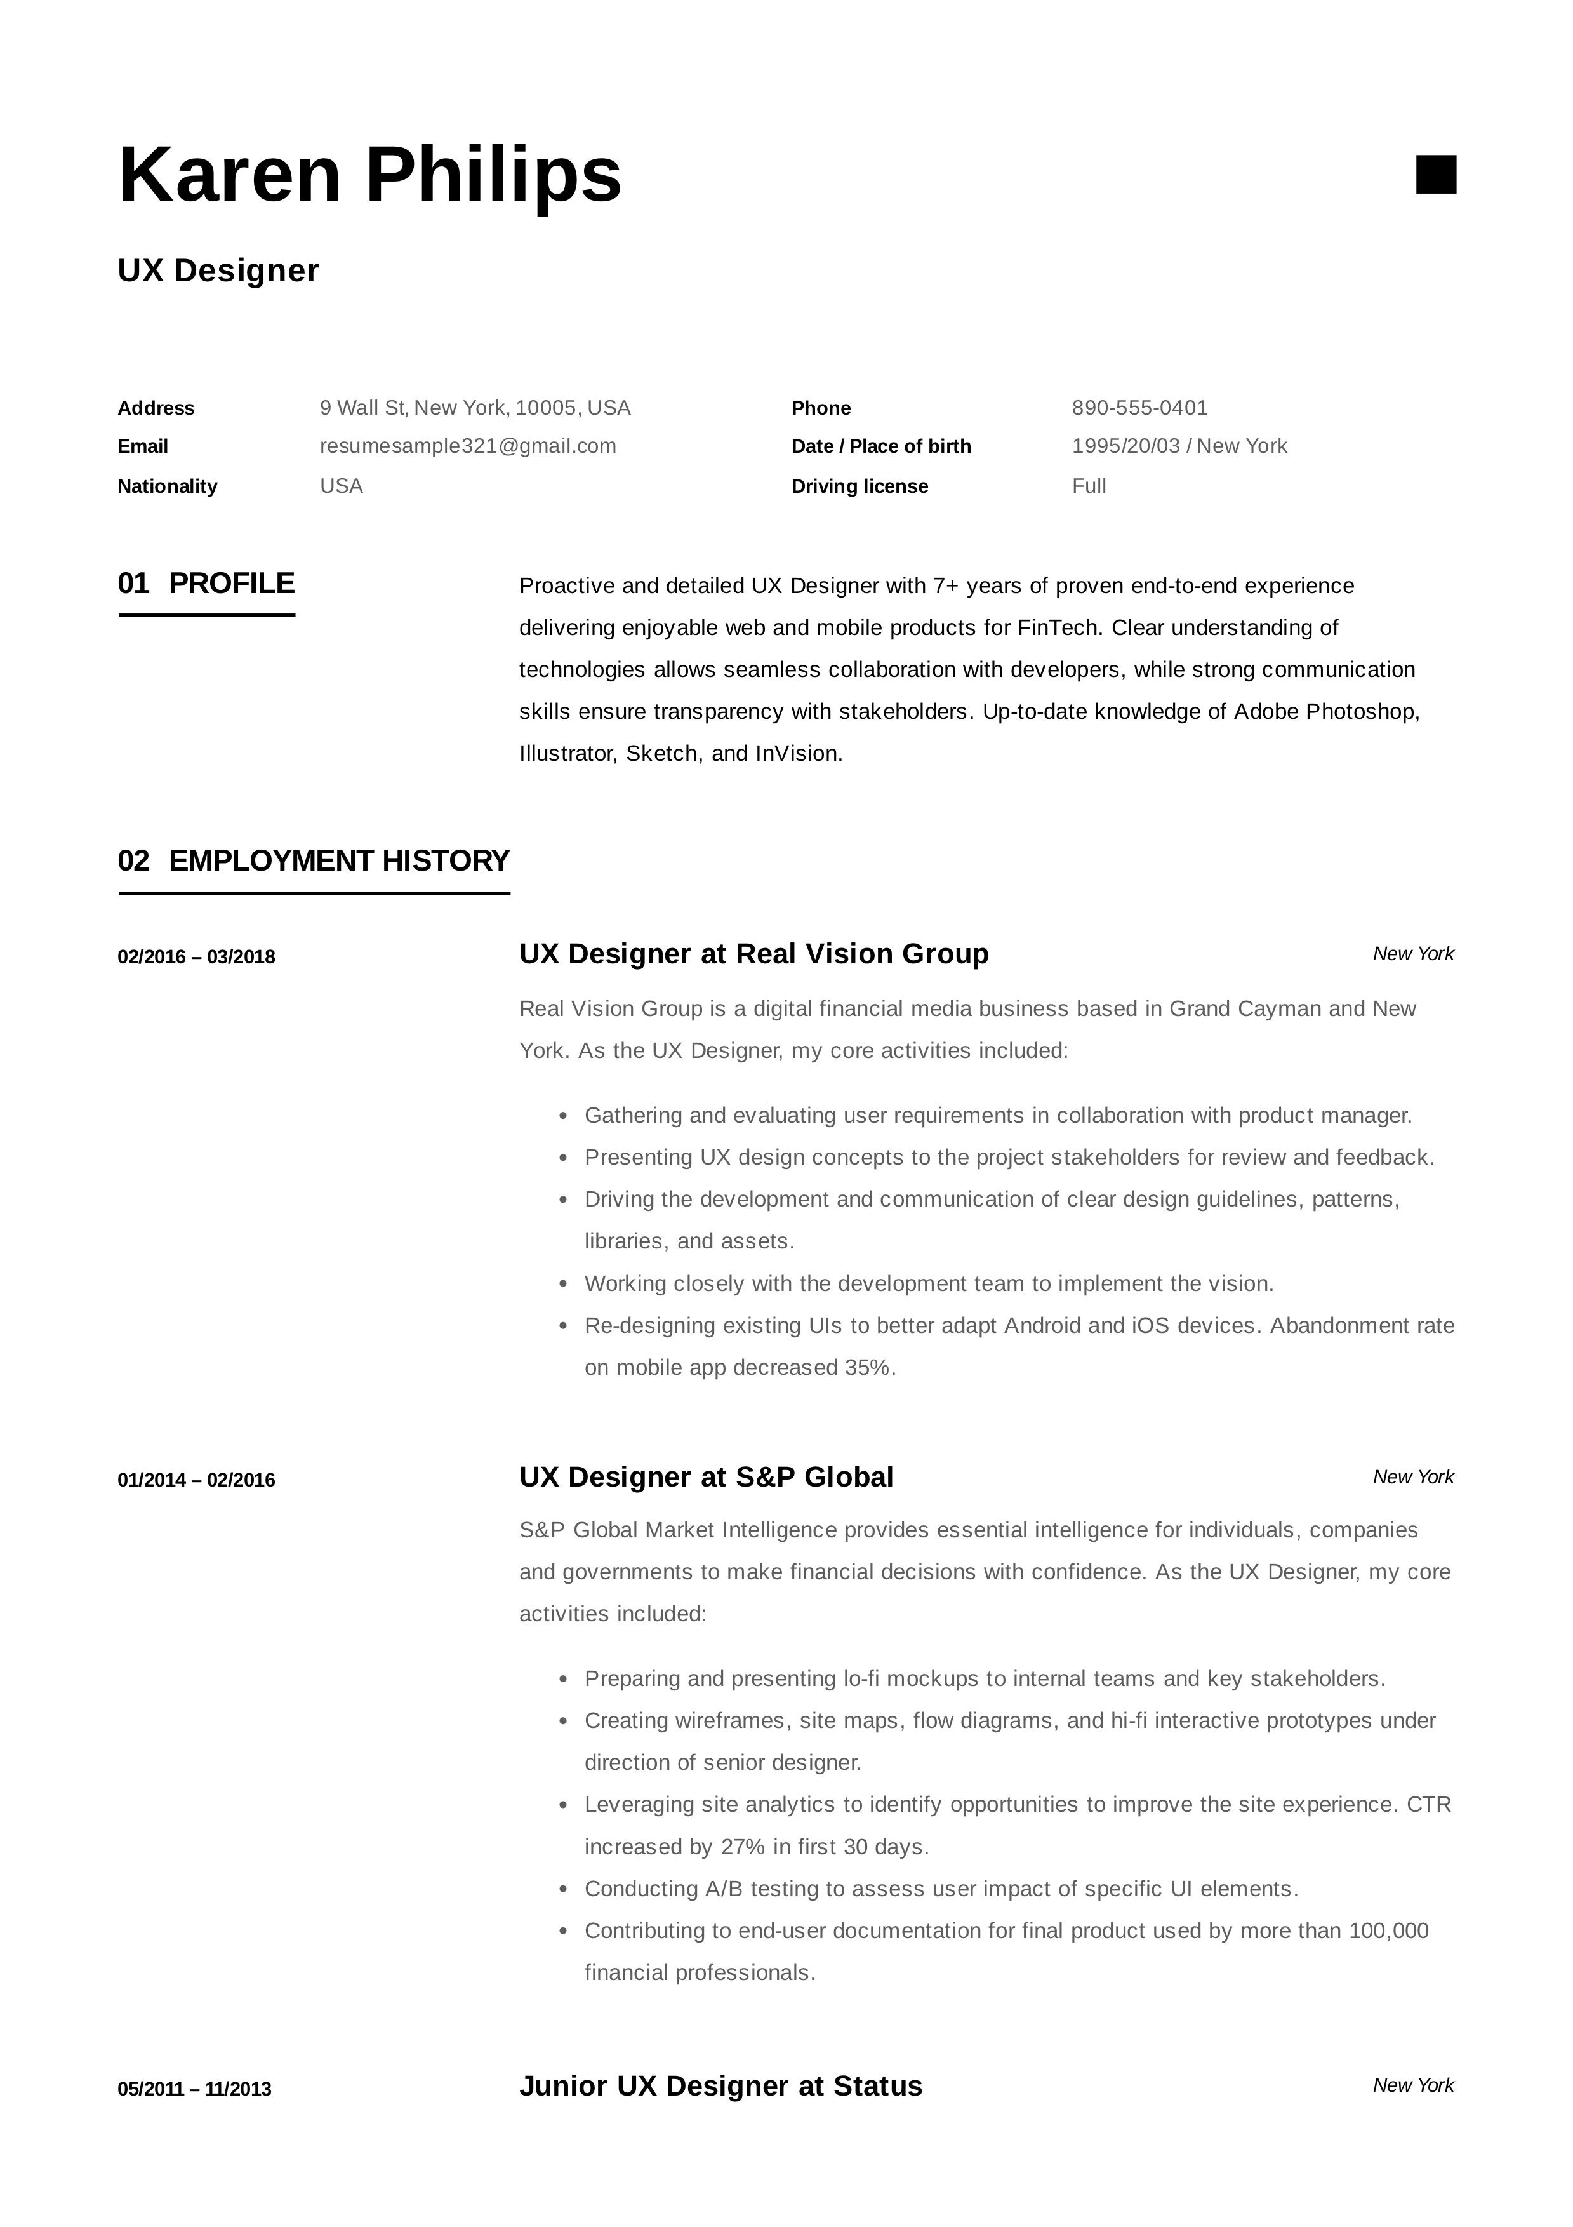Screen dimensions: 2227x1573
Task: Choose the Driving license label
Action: tap(860, 486)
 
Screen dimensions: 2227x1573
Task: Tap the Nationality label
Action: tap(167, 486)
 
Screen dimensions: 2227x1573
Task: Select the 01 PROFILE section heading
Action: tap(206, 584)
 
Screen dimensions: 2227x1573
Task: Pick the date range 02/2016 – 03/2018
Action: tap(196, 958)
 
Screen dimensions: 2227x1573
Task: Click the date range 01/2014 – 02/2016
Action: tap(196, 1480)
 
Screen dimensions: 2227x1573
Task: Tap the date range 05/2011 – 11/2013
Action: tap(194, 2089)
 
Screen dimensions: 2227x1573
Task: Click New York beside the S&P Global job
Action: tap(1413, 1477)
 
